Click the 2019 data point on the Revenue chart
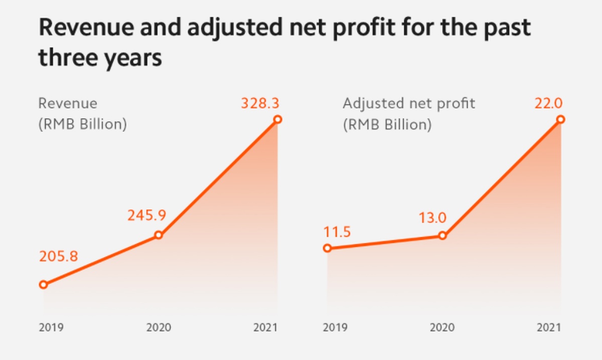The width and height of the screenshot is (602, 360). click(43, 284)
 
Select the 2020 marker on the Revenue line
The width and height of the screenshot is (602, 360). click(159, 235)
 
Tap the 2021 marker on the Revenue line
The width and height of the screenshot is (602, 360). click(277, 119)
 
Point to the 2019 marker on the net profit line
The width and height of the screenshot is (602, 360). click(327, 248)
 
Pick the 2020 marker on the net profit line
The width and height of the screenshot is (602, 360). click(442, 235)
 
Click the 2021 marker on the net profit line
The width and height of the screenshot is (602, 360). click(561, 119)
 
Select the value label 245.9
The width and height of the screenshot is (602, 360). click(147, 215)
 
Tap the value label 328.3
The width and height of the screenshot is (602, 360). click(260, 103)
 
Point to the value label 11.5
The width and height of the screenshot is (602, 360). click(337, 232)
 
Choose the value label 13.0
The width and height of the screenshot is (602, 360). click(432, 219)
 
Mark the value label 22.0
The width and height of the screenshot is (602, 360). click(548, 103)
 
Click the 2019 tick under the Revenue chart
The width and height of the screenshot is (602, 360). click(51, 328)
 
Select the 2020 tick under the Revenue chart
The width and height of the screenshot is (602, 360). click(159, 328)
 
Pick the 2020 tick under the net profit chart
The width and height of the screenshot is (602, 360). click(442, 328)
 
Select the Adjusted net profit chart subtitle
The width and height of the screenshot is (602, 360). click(409, 104)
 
